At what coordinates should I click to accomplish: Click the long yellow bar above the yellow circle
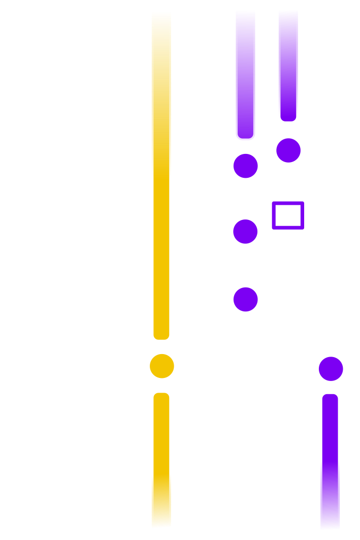click(161, 173)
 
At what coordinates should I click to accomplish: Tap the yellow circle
click(162, 366)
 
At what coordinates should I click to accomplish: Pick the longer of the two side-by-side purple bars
click(245, 74)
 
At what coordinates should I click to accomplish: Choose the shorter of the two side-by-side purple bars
click(288, 66)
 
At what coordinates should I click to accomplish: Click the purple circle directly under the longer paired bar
click(246, 166)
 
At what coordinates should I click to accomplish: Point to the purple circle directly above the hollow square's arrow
click(288, 150)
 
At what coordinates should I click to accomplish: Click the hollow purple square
click(288, 215)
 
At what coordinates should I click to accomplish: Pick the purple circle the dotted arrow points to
click(331, 369)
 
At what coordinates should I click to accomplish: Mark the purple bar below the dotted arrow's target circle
click(330, 460)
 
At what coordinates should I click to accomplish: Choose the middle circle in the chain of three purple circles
click(246, 231)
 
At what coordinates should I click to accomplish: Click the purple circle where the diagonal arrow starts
click(246, 299)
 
